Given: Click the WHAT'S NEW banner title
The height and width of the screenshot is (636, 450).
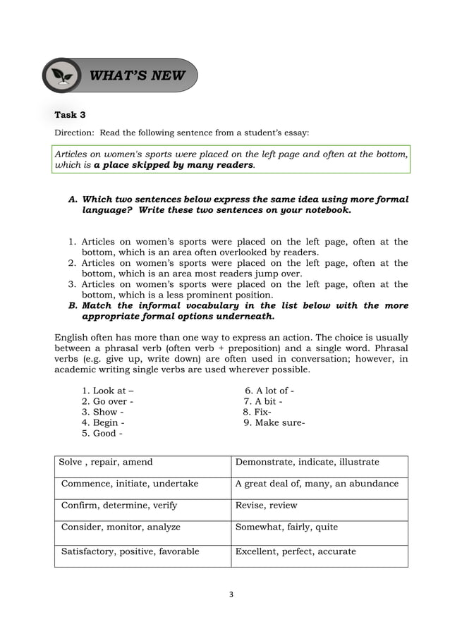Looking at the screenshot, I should pyautogui.click(x=137, y=75).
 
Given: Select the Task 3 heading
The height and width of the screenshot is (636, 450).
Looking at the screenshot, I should pyautogui.click(x=70, y=115).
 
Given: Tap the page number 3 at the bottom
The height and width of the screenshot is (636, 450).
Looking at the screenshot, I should pyautogui.click(x=231, y=594).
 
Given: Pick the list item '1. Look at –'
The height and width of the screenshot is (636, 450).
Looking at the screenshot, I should pyautogui.click(x=107, y=391).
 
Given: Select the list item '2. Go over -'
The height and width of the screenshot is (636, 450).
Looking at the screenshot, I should pyautogui.click(x=107, y=401).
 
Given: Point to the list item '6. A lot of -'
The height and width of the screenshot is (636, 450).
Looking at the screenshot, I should pyautogui.click(x=269, y=391).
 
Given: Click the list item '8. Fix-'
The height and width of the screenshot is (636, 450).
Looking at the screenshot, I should pyautogui.click(x=257, y=412).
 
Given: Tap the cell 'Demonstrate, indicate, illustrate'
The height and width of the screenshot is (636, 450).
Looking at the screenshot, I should pyautogui.click(x=307, y=462).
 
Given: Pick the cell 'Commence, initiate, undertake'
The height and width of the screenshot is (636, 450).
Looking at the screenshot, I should pyautogui.click(x=130, y=484).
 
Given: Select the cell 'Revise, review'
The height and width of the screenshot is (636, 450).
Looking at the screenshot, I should pyautogui.click(x=266, y=505).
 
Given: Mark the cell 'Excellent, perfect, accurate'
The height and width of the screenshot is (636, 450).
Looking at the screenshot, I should pyautogui.click(x=296, y=551).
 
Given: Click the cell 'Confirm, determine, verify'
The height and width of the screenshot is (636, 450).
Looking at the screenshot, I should pyautogui.click(x=119, y=505).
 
